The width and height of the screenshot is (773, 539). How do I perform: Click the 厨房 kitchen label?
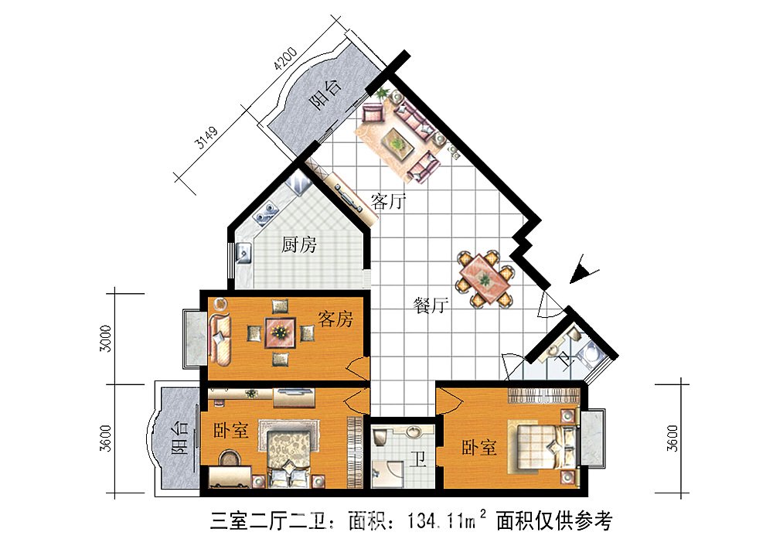click(299, 246)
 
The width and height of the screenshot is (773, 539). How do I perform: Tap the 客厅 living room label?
click(389, 203)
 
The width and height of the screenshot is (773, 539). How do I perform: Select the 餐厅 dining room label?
click(431, 305)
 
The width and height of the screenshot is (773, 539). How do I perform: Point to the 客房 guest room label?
click(335, 318)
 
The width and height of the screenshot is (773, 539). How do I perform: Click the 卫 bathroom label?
click(418, 462)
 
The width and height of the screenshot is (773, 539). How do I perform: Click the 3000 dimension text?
click(107, 338)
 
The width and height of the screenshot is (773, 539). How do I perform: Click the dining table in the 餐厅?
click(485, 277)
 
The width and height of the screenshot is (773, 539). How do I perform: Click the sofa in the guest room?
click(220, 337)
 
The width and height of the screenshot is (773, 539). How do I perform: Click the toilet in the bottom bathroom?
click(380, 438)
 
